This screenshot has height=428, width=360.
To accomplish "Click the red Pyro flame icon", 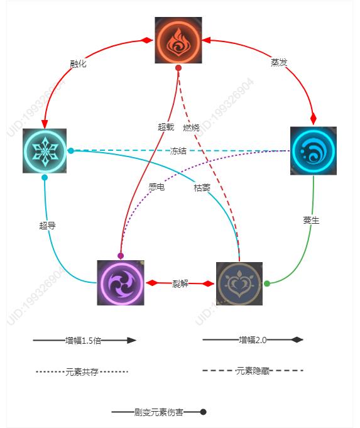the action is [178, 40].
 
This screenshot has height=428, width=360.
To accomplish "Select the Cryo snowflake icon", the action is [45, 151].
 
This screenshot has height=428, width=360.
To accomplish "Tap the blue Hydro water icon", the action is [314, 151].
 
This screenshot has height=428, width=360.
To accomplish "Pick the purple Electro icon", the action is [121, 283].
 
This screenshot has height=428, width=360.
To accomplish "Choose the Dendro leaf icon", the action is [239, 284].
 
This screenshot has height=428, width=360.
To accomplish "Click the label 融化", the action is [78, 64].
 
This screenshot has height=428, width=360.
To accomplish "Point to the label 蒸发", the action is [279, 62].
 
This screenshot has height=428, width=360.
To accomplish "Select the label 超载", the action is [166, 127].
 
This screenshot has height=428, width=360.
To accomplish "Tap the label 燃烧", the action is [191, 128].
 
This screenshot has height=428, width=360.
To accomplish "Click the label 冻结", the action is [178, 151].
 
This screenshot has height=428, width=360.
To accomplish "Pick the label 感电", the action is [156, 187].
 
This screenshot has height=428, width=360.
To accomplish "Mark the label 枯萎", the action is [202, 188].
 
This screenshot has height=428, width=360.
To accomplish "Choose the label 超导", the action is [48, 226].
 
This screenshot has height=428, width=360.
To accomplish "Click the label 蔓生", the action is [311, 220].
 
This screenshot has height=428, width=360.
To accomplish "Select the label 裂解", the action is [180, 284].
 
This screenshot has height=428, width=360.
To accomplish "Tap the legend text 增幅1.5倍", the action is [83, 341].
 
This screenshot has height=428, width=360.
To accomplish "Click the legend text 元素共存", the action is [82, 372].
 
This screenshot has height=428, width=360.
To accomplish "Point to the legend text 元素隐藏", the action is [253, 371].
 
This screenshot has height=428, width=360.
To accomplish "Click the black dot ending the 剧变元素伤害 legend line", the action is [203, 412].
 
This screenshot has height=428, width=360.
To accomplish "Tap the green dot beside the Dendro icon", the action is [267, 283].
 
